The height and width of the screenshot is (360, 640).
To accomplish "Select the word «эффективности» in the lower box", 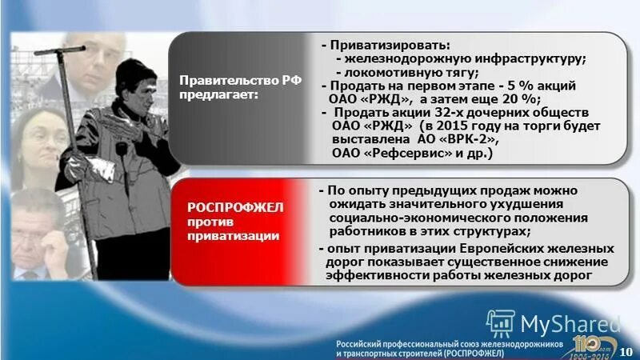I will click(374, 275).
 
